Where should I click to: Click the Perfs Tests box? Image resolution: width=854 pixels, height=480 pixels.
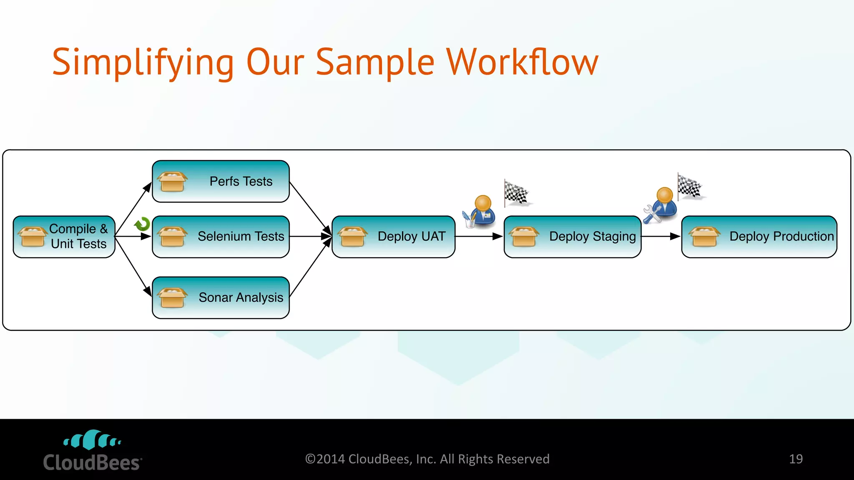click(x=221, y=182)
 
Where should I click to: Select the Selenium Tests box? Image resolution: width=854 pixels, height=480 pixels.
click(x=221, y=237)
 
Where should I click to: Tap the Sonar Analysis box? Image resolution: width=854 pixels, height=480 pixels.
click(x=221, y=297)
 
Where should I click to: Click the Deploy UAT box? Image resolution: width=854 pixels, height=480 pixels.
click(x=393, y=237)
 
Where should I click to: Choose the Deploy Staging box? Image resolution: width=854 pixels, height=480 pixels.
click(x=572, y=237)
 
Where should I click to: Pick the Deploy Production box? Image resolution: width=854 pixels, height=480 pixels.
click(x=759, y=237)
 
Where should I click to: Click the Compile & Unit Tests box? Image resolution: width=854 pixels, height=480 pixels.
click(x=64, y=237)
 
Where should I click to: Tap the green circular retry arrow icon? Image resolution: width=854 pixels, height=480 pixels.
click(x=142, y=224)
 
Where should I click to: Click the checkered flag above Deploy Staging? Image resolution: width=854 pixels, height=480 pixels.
click(x=516, y=193)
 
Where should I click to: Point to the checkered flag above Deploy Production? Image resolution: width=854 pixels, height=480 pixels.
click(x=689, y=186)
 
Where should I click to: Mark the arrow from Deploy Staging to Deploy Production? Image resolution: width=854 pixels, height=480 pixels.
click(x=661, y=236)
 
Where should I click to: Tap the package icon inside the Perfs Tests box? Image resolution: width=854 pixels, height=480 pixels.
click(x=172, y=182)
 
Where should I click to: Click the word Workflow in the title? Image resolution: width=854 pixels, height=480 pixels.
click(x=522, y=62)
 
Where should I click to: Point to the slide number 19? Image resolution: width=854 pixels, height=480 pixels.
click(x=796, y=459)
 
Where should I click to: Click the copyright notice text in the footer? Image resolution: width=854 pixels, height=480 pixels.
click(x=427, y=459)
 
